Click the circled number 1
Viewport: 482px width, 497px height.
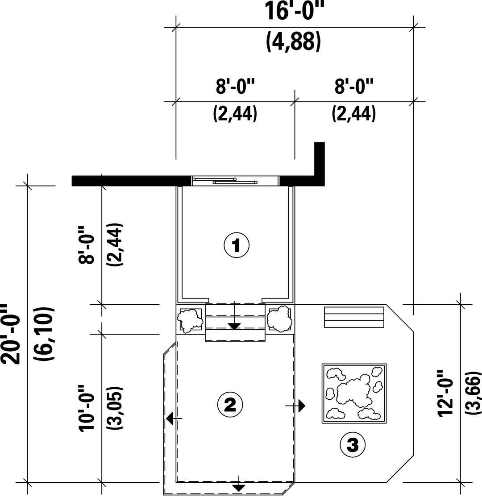237,245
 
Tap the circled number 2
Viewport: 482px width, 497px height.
230,405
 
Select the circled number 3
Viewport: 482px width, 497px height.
353,445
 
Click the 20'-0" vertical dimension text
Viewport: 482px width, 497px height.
10,335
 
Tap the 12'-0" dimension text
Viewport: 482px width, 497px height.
446,393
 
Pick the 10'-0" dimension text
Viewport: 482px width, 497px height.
87,408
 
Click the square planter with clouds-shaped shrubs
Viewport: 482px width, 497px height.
354,393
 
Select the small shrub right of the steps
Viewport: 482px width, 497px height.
279,319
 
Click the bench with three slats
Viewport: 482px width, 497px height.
354,317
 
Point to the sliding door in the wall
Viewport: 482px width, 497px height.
235,181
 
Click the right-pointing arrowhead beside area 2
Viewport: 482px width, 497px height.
302,406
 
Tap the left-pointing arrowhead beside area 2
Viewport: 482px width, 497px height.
170,419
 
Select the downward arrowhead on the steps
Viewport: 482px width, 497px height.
234,327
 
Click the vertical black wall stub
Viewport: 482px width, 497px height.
320,164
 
